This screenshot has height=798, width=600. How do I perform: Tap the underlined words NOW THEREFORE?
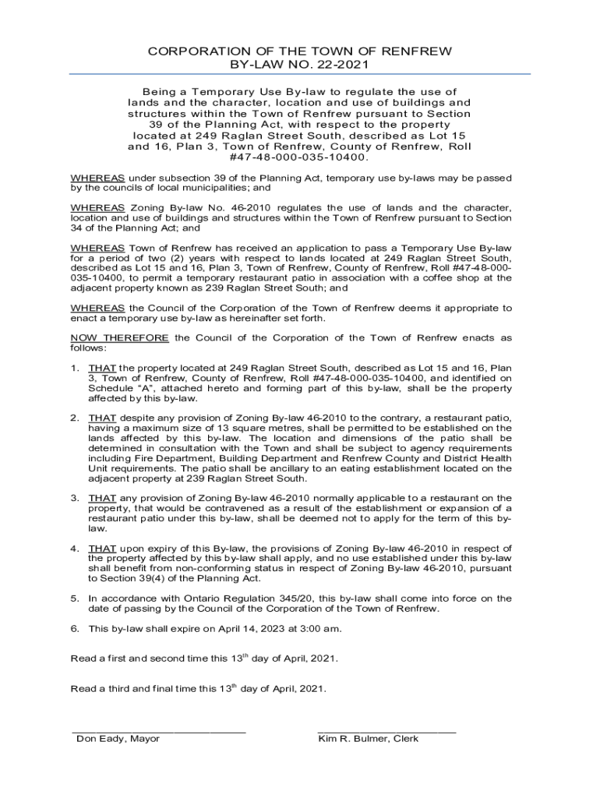tap(119, 337)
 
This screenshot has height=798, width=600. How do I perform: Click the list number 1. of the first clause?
tap(75, 367)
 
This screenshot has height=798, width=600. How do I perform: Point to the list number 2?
tap(75, 418)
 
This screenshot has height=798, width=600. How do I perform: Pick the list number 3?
tap(75, 498)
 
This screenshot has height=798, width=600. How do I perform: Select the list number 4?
tap(75, 549)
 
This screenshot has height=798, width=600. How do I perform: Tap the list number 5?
tap(75, 598)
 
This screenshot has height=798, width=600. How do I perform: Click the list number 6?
tap(75, 629)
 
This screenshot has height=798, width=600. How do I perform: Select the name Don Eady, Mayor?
tap(118, 739)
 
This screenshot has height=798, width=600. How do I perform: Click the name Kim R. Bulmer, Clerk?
tap(368, 739)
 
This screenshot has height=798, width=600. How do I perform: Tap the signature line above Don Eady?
tap(159, 731)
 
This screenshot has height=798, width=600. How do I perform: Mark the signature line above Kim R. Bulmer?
tap(386, 731)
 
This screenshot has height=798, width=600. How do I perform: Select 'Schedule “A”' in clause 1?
tap(118, 387)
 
